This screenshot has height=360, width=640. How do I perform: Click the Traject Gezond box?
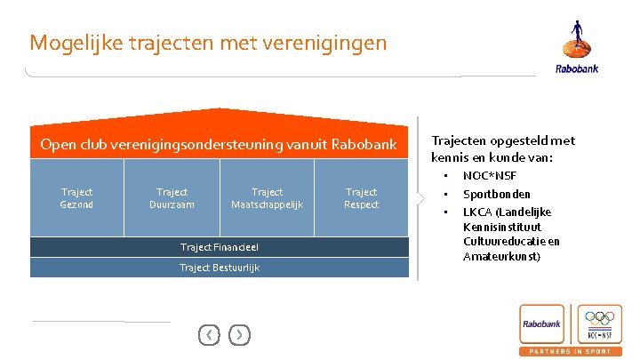76,198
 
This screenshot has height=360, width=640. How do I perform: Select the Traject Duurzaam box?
172,198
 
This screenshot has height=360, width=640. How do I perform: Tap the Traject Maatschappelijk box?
267,198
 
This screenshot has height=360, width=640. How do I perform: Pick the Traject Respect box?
361,198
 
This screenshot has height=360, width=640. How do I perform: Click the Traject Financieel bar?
219,246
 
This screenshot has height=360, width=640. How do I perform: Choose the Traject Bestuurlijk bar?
219,268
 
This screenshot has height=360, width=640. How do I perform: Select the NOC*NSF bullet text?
489,176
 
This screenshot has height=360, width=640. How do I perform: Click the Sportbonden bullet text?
497,194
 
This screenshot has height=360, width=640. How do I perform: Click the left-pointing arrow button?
208,334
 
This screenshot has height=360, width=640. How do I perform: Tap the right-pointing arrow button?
239,334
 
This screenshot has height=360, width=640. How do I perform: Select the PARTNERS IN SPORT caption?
571,352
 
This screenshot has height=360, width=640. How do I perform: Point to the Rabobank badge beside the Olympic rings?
543,324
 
